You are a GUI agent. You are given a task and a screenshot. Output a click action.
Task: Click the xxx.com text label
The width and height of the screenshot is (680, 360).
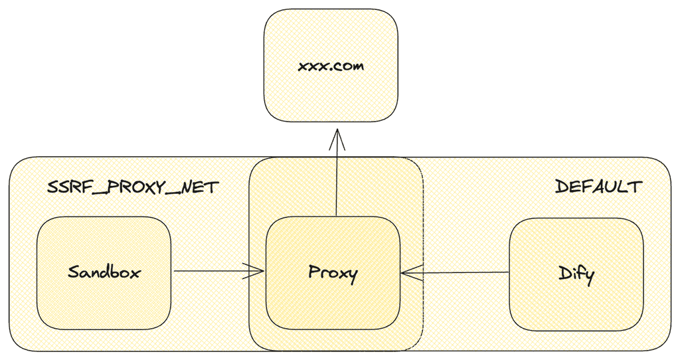pos(331,66)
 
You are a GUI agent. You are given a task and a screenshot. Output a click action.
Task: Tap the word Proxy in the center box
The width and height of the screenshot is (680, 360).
pos(333,273)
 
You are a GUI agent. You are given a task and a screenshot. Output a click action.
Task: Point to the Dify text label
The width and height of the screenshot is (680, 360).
pos(575,273)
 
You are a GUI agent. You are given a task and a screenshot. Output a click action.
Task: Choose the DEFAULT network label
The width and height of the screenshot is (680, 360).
pos(598,187)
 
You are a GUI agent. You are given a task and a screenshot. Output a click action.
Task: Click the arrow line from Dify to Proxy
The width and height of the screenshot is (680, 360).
pos(458,272)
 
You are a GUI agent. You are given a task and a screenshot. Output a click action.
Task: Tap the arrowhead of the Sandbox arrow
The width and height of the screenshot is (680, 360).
pos(258,271)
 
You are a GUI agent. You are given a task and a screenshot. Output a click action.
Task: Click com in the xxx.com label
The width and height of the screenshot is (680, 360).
pos(349,67)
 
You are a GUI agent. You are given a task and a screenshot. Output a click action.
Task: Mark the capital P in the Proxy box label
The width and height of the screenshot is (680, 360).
pos(314,272)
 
